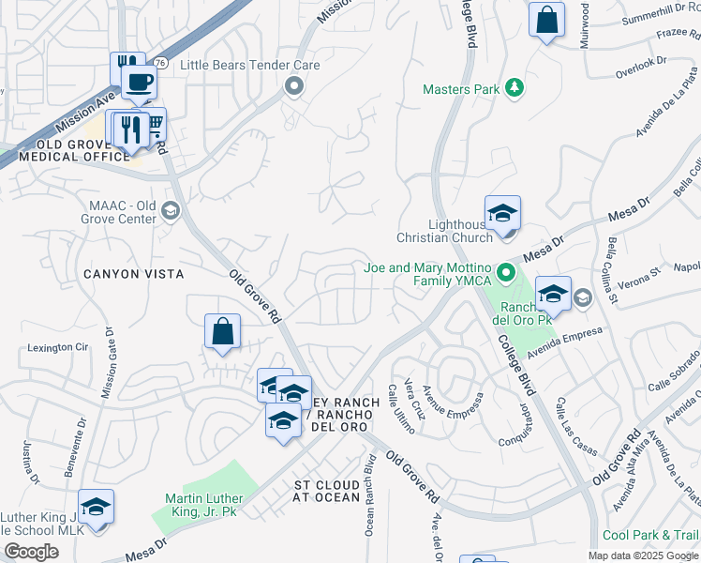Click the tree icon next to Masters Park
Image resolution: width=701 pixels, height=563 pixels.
(x=513, y=89)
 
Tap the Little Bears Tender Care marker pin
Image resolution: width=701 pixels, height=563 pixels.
(x=293, y=86)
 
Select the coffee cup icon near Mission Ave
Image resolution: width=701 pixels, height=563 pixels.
(x=139, y=81)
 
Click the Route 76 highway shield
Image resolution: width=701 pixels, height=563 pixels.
(x=160, y=63)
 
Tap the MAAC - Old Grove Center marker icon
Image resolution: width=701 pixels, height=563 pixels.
(x=170, y=209)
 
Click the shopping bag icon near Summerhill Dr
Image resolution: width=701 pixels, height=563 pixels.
(x=546, y=20)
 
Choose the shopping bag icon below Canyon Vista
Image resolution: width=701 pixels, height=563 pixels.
(x=222, y=331)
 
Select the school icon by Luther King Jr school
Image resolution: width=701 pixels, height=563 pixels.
(x=96, y=508)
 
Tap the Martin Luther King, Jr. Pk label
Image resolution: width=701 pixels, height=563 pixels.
(x=203, y=504)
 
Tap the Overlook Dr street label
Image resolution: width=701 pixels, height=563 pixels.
(x=640, y=68)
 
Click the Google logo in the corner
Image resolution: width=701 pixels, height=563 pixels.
(x=31, y=552)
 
